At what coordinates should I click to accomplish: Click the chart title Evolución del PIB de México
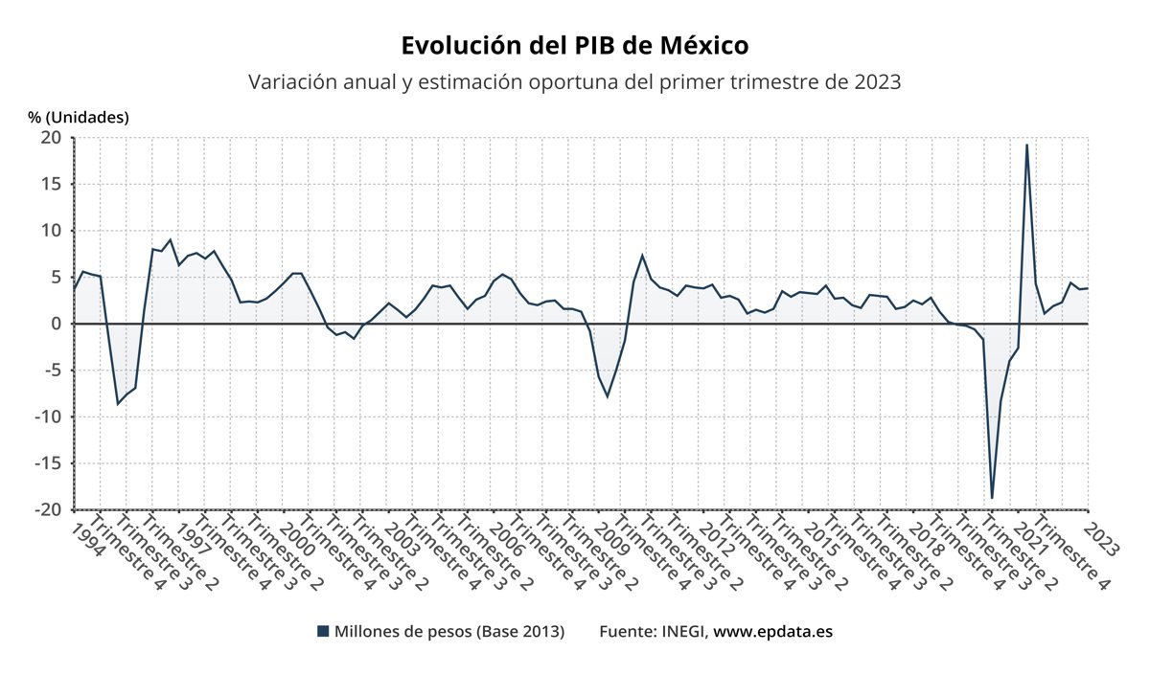pyautogui.click(x=574, y=46)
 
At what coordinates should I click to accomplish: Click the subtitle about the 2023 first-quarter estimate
pyautogui.click(x=574, y=81)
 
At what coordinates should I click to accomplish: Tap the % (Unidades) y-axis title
pyautogui.click(x=78, y=117)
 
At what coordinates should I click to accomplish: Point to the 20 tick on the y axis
pyautogui.click(x=52, y=138)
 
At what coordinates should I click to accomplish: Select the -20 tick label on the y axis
pyautogui.click(x=48, y=509)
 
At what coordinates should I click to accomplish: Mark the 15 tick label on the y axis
pyautogui.click(x=52, y=184)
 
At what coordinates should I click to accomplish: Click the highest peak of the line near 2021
pyautogui.click(x=1026, y=145)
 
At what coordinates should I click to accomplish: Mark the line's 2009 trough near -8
pyautogui.click(x=607, y=396)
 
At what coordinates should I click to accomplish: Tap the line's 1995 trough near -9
pyautogui.click(x=118, y=404)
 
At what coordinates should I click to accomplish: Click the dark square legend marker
pyautogui.click(x=323, y=632)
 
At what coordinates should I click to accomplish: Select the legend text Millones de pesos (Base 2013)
pyautogui.click(x=448, y=632)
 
